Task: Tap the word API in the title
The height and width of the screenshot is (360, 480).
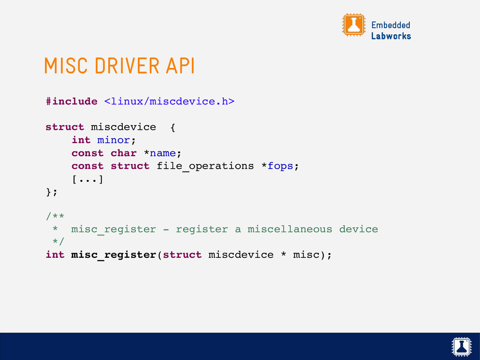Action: tap(180, 67)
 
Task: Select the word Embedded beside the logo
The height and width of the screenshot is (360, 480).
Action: tap(390, 25)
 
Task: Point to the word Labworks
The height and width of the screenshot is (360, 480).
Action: tap(391, 36)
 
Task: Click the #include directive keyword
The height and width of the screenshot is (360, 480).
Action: tap(72, 101)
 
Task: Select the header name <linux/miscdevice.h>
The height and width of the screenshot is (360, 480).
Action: tap(169, 101)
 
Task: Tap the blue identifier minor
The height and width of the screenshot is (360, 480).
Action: tap(113, 140)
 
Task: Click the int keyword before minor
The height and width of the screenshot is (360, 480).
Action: tap(81, 140)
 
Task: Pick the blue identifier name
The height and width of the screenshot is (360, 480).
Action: tap(163, 153)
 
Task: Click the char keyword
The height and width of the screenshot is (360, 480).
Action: tap(124, 153)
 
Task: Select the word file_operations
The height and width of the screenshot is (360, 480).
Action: tap(205, 166)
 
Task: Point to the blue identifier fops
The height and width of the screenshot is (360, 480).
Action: tap(280, 166)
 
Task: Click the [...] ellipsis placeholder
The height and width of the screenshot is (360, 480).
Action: tap(88, 179)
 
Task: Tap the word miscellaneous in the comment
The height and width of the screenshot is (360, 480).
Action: tap(289, 229)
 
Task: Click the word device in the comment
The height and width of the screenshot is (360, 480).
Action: tap(358, 229)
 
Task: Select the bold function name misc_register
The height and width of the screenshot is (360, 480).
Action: tap(114, 255)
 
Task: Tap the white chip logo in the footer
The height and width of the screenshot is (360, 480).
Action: tap(462, 346)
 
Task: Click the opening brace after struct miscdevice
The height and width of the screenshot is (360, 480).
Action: tap(172, 127)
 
